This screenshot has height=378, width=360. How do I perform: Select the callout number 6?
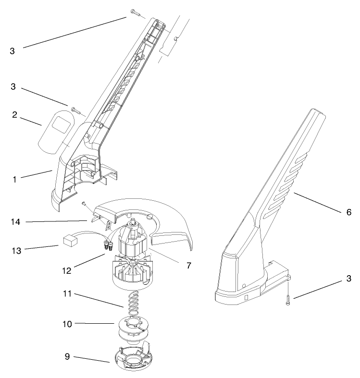pyautogui.click(x=348, y=211)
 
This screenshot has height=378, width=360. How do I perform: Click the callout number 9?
pyautogui.click(x=67, y=357)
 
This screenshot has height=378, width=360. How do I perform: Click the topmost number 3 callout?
pyautogui.click(x=12, y=50)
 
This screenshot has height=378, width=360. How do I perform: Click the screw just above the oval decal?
pyautogui.click(x=75, y=110)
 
